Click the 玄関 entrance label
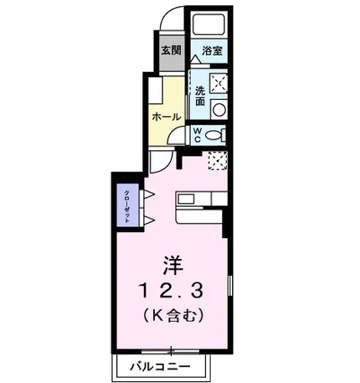click(x=170, y=51)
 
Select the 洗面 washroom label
click(x=199, y=96)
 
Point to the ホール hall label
click(x=166, y=118)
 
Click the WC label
click(x=197, y=136)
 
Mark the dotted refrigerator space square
click(x=217, y=160)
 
